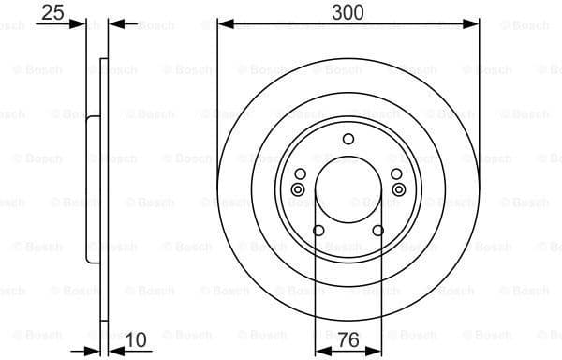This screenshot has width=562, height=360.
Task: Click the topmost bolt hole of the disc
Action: pos(348,140)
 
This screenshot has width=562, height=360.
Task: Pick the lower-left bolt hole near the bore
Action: pos(318,232)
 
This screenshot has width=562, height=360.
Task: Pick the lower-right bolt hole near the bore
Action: pos(378,232)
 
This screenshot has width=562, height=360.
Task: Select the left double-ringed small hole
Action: pos(299,190)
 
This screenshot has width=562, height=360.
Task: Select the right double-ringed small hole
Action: pos(398,190)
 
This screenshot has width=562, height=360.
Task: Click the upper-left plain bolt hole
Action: pos(300,174)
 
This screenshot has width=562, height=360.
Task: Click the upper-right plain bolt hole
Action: pos(397,174)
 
